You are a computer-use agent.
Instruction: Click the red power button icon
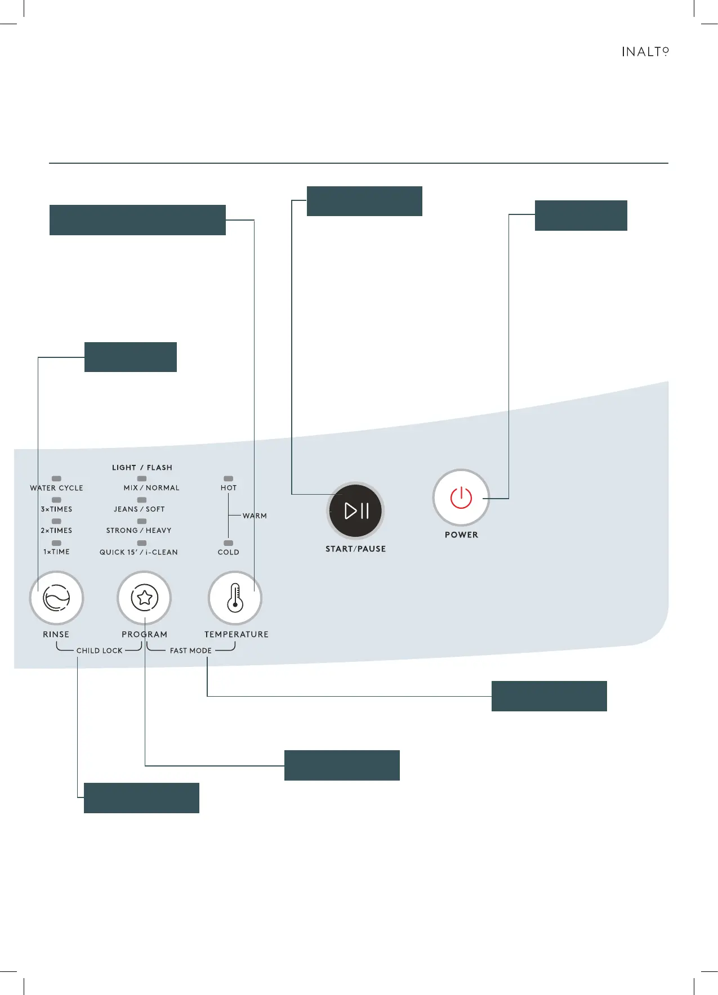click(x=461, y=497)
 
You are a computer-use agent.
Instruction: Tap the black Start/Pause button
click(x=356, y=510)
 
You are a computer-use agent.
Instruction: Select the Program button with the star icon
click(x=144, y=598)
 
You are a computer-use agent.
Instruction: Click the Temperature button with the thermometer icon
click(x=235, y=598)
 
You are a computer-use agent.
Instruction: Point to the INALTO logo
click(x=645, y=52)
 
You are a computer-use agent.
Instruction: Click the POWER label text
click(x=461, y=535)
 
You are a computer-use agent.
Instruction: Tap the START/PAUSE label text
click(x=355, y=549)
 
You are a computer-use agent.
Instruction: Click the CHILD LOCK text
click(x=99, y=651)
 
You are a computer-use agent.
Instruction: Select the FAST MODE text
click(x=191, y=651)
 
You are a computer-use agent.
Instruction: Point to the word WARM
click(x=255, y=516)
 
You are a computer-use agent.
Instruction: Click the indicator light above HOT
click(x=229, y=478)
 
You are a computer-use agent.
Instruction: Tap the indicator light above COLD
click(x=229, y=543)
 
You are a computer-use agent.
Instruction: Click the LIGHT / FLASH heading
click(x=142, y=468)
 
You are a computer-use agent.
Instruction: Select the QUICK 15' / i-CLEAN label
click(x=139, y=552)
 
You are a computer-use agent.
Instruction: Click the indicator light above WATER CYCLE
click(x=56, y=478)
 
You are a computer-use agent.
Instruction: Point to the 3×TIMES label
click(x=56, y=509)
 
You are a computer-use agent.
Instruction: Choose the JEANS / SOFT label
click(x=139, y=509)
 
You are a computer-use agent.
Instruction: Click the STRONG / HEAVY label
click(x=139, y=531)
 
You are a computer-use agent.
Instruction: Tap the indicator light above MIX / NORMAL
click(x=142, y=478)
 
